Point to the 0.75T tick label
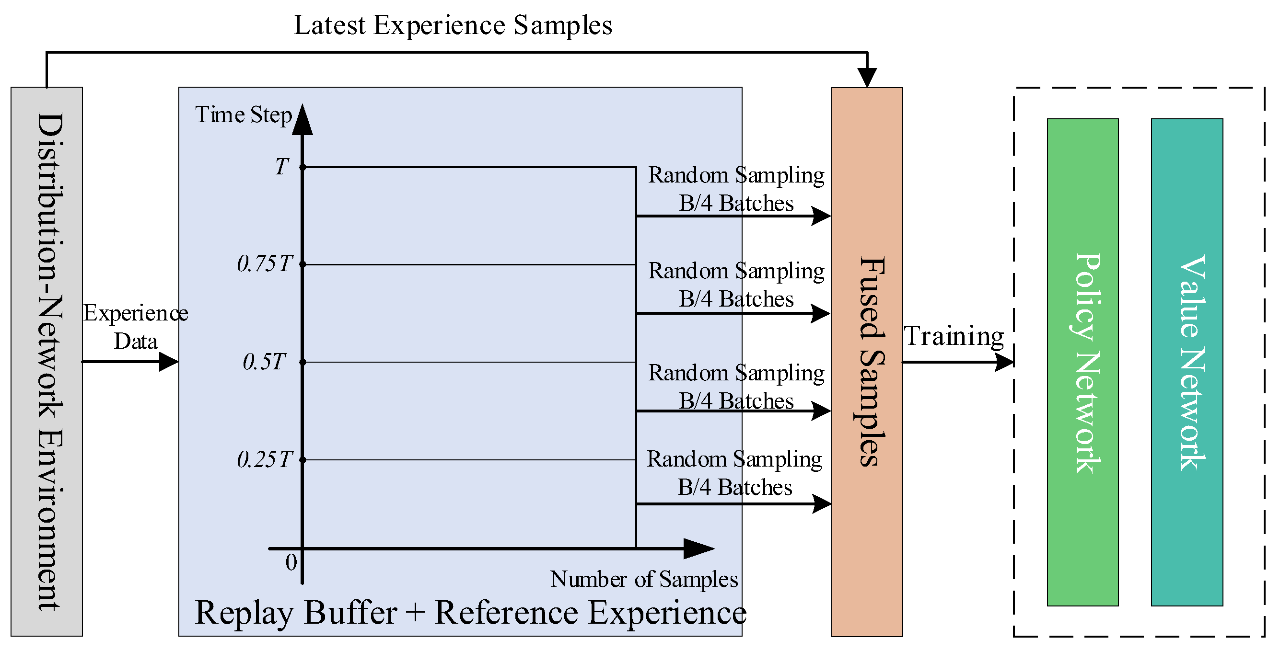point(265,263)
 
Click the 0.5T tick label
point(265,362)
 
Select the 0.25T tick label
point(265,460)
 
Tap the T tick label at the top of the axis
point(282,167)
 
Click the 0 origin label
point(291,562)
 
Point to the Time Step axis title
point(244,114)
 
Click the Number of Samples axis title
point(644,580)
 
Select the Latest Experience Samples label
point(453,25)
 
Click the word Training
point(953,336)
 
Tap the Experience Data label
point(136,327)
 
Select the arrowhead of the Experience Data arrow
point(169,362)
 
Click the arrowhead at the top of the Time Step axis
point(302,121)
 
